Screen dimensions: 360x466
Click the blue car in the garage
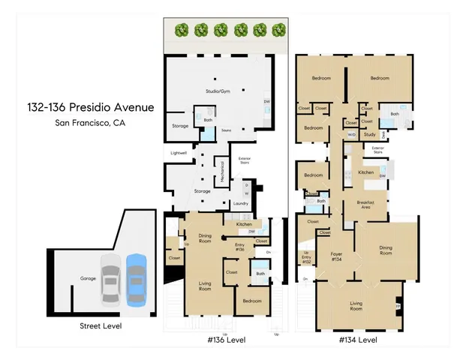[136, 278]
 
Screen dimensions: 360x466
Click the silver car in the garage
[111, 278]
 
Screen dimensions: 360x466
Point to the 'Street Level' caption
[101, 326]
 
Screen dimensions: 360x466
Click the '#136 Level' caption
[225, 340]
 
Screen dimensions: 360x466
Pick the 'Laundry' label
[241, 203]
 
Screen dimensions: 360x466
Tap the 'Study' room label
[369, 134]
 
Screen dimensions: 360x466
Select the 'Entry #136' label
[240, 247]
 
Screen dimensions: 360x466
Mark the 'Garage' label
[89, 278]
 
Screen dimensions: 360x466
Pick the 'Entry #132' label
[306, 259]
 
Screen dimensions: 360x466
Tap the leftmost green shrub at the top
[181, 31]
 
